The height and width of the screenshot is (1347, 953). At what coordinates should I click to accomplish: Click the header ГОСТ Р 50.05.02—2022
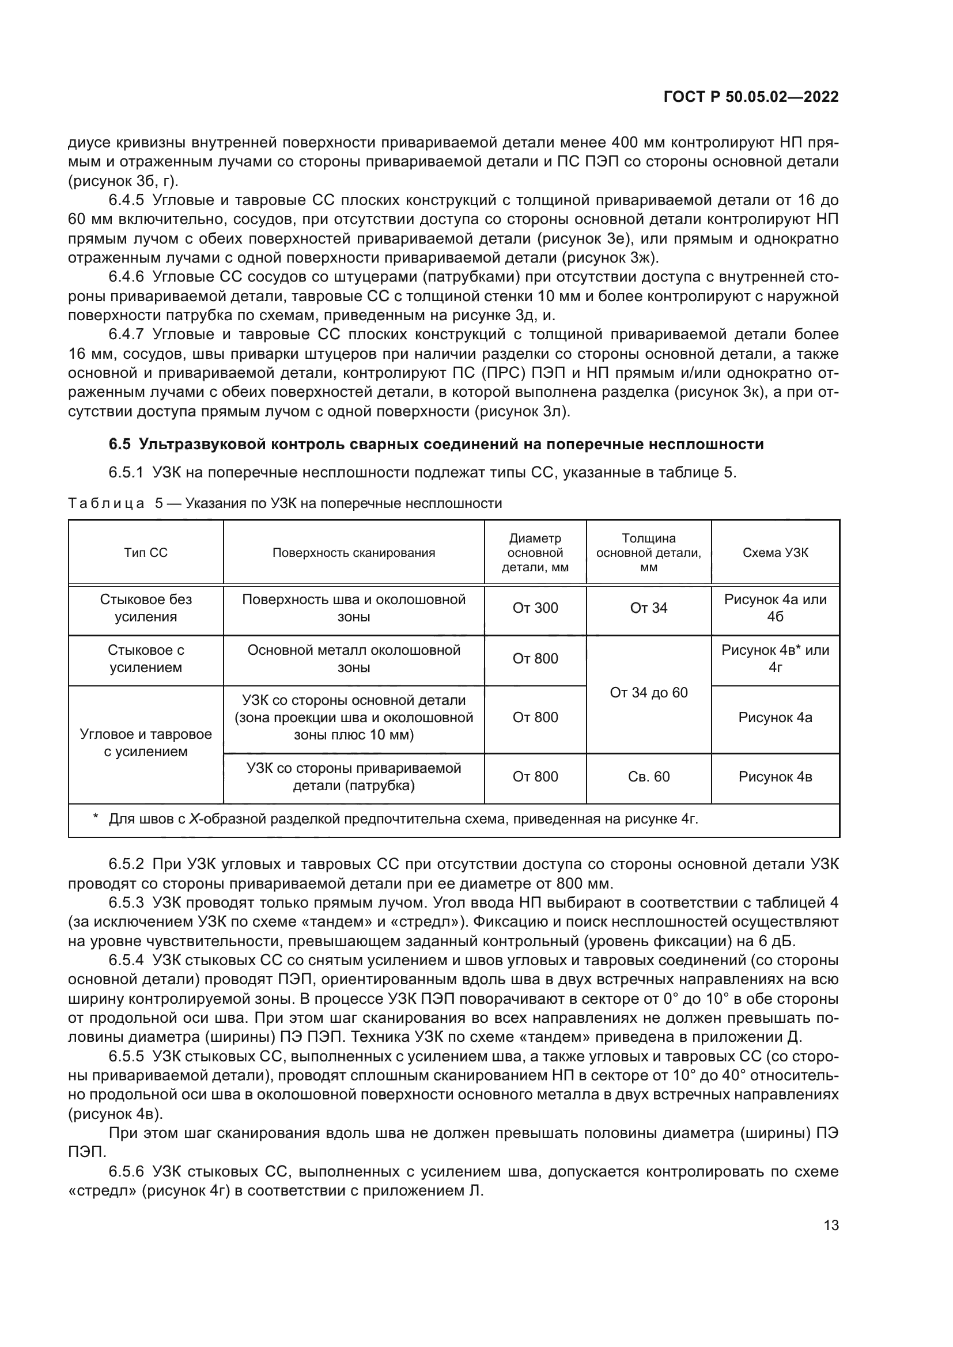tap(751, 97)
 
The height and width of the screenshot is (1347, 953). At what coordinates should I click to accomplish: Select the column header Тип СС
tap(146, 553)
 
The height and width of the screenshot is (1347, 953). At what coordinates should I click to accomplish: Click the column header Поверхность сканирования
tap(353, 553)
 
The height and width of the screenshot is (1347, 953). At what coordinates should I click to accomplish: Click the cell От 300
tap(535, 608)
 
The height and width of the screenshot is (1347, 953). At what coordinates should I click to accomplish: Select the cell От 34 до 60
tap(648, 693)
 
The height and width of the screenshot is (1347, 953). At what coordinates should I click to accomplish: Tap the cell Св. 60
tap(648, 777)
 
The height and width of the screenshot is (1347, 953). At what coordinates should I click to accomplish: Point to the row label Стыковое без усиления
tap(146, 608)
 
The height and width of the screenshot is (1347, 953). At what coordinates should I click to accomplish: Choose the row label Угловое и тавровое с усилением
tap(146, 743)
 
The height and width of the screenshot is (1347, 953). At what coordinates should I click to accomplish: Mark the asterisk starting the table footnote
tap(95, 818)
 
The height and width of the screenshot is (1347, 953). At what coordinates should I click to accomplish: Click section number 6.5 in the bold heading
tap(120, 445)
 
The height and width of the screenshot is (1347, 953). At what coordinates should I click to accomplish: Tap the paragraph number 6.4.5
tap(126, 200)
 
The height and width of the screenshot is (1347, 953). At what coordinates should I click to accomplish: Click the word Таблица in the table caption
tap(106, 503)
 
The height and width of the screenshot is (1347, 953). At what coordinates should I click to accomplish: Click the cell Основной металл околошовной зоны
tap(353, 659)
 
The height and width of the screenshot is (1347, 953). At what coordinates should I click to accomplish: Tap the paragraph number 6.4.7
tap(126, 335)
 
